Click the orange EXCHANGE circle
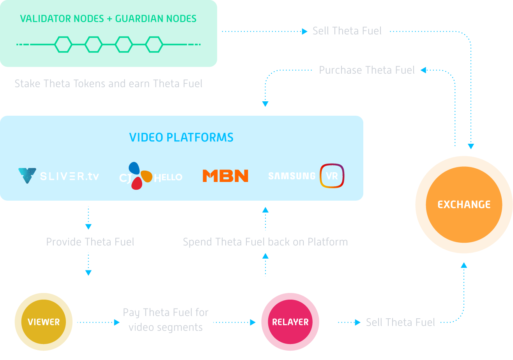[464, 205]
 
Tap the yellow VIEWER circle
[44, 322]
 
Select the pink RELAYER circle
[290, 322]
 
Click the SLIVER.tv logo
[59, 176]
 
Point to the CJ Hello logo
[150, 176]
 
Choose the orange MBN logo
[225, 176]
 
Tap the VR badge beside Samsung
[332, 176]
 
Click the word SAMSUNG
[292, 176]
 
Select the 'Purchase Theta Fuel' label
[366, 70]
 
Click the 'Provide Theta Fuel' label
[90, 242]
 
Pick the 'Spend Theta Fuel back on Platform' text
[265, 242]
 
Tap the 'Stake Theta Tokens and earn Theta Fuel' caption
[108, 83]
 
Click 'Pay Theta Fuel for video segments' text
[166, 320]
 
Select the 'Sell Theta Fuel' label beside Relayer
[400, 323]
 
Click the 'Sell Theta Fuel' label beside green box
[347, 31]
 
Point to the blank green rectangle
[108, 33]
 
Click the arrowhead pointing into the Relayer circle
[253, 322]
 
